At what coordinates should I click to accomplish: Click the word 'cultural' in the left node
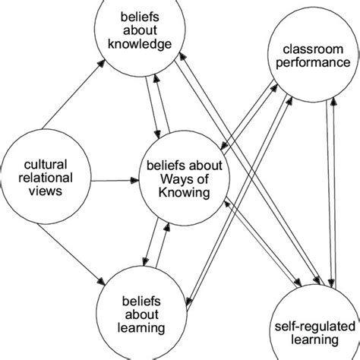pyautogui.click(x=45, y=163)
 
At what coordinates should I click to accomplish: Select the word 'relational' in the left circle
pyautogui.click(x=45, y=178)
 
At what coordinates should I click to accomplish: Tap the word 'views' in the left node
pyautogui.click(x=45, y=191)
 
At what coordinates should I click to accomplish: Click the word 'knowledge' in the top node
pyautogui.click(x=141, y=43)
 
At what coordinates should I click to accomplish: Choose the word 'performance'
pyautogui.click(x=302, y=65)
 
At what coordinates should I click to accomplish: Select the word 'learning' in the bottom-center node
pyautogui.click(x=136, y=327)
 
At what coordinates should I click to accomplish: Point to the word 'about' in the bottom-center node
pyautogui.click(x=136, y=314)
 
